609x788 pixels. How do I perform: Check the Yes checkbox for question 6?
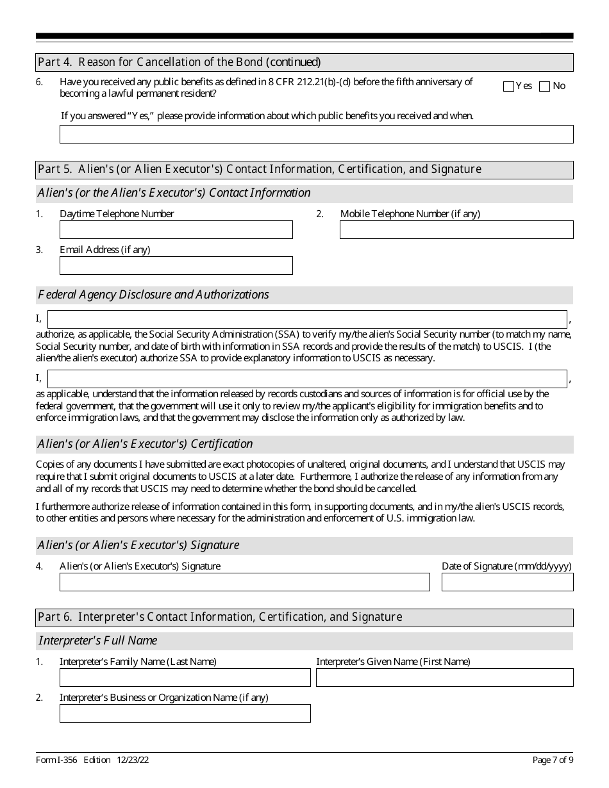pyautogui.click(x=509, y=86)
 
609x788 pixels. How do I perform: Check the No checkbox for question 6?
pyautogui.click(x=545, y=86)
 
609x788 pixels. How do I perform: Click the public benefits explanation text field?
pyautogui.click(x=316, y=134)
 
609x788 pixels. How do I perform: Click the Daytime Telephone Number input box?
pyautogui.click(x=176, y=230)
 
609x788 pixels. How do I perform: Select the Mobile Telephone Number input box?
pyautogui.click(x=456, y=230)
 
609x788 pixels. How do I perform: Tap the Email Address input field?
pyautogui.click(x=176, y=266)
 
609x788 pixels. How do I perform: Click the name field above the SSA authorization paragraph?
pyautogui.click(x=307, y=320)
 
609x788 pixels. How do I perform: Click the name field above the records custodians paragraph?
pyautogui.click(x=307, y=379)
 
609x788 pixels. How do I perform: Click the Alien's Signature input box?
pyautogui.click(x=244, y=582)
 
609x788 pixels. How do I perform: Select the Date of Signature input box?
pyautogui.click(x=507, y=582)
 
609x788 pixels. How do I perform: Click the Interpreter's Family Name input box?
pyautogui.click(x=185, y=677)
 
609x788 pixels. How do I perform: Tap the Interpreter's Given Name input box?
pyautogui.click(x=444, y=677)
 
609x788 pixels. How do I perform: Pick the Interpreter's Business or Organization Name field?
pyautogui.click(x=185, y=713)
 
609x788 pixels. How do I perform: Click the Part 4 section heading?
pyautogui.click(x=179, y=62)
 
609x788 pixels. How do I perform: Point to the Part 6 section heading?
pyautogui.click(x=220, y=617)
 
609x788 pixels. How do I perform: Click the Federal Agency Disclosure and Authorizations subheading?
pyautogui.click(x=154, y=295)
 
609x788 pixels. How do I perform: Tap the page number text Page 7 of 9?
pyautogui.click(x=553, y=760)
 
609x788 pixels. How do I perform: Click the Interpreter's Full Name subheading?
pyautogui.click(x=97, y=641)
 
